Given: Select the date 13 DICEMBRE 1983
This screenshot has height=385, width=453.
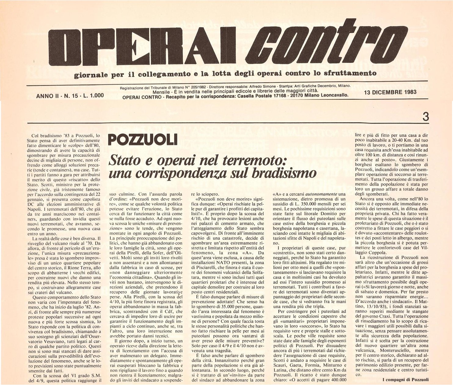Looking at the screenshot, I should [390, 92].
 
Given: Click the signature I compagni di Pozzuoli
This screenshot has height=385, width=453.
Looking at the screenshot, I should [405, 380].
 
